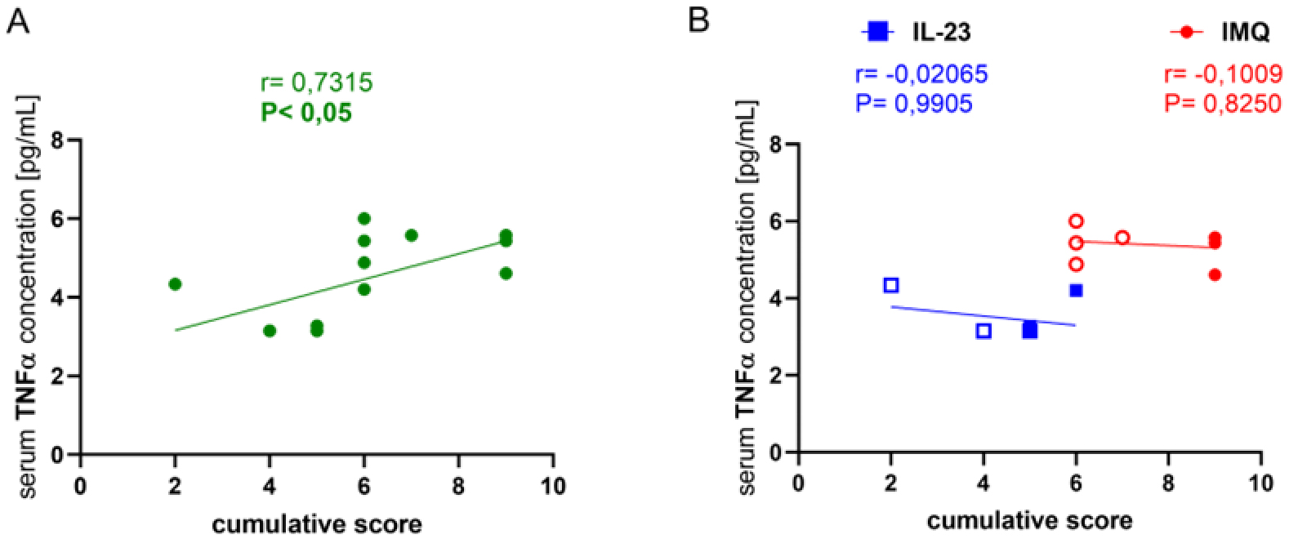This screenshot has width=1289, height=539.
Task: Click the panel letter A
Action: coord(18,20)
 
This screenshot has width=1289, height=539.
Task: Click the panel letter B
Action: coord(698,20)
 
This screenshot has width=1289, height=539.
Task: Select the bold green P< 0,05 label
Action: coord(306,112)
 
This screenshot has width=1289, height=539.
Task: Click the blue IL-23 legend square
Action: coord(875,32)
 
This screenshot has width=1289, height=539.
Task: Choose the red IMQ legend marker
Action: coord(1186,32)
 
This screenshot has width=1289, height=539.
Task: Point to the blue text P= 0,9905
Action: coord(913,104)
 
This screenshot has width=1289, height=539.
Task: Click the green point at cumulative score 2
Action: coord(175,283)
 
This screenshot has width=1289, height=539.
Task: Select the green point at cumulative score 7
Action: coord(411,235)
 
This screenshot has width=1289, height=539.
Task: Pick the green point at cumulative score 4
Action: coord(270,331)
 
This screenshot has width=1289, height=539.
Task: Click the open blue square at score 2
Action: coord(891,285)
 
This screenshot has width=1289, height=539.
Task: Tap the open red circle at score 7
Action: coord(1122,238)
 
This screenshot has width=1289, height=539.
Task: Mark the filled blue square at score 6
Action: coord(1076,290)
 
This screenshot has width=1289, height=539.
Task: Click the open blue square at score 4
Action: coord(983,331)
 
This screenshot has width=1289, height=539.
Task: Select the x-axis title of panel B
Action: coord(1029,519)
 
